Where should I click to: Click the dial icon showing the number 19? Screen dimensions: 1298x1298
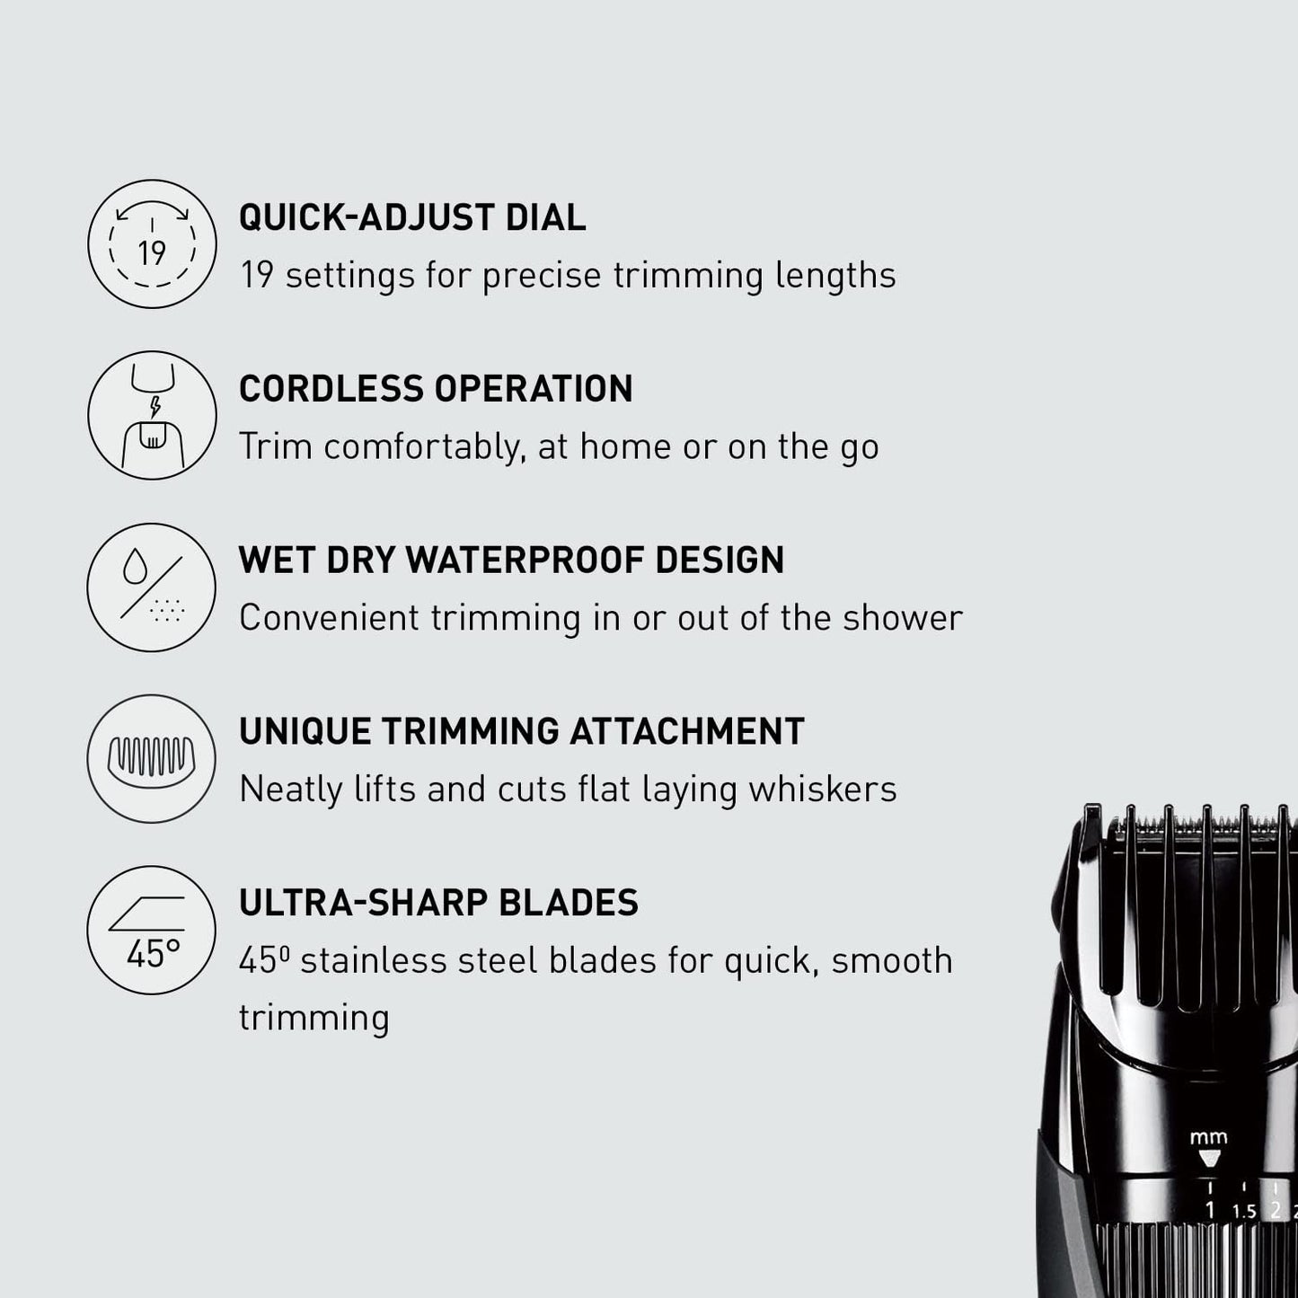152,244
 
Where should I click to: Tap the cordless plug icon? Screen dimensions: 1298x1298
152,415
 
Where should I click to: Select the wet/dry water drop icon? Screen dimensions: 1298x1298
152,587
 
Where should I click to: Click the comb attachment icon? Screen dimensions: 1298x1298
152,758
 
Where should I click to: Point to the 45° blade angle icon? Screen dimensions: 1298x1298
152,930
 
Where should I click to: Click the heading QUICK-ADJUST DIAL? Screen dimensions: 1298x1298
412,218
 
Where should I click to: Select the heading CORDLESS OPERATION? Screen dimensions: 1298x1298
436,389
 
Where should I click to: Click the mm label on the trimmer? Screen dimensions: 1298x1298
1208,1138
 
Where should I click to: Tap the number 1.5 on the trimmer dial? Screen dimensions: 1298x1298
1244,1212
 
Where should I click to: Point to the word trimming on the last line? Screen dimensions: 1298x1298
313,1019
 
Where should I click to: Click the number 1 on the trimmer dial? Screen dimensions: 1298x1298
1209,1210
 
